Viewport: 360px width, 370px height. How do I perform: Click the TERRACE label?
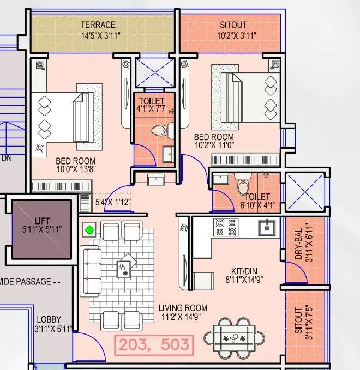pos(98,25)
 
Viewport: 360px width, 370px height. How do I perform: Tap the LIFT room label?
pos(41,221)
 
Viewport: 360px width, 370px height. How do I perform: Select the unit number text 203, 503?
pos(153,344)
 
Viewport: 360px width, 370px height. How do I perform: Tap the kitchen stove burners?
pos(226,228)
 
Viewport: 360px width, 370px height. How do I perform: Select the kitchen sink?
pos(267,227)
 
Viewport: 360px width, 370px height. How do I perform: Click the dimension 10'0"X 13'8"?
pos(76,169)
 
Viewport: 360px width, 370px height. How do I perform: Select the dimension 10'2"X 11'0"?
pos(214,145)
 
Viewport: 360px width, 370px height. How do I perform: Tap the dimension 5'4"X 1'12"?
pos(113,202)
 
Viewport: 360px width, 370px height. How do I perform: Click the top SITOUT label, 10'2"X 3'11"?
pos(233,25)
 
